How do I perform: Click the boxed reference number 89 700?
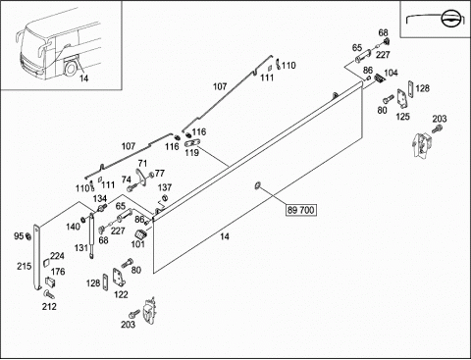(301, 210)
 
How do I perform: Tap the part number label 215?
(25, 266)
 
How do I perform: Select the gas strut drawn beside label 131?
(91, 235)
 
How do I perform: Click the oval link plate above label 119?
(191, 143)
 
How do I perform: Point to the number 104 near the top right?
(391, 73)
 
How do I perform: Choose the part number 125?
(402, 117)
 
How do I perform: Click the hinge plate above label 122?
(119, 278)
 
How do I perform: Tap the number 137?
(165, 187)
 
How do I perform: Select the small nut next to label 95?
(28, 235)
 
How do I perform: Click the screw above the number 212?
(49, 294)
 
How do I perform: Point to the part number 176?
(58, 272)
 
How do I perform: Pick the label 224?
(57, 256)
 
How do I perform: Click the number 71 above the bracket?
(142, 163)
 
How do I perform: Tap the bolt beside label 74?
(132, 187)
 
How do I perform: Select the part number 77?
(159, 174)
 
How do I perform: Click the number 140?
(73, 227)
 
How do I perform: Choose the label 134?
(100, 198)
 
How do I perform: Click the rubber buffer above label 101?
(140, 234)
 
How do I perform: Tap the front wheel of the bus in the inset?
(70, 69)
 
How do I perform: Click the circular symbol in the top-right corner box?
(448, 19)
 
